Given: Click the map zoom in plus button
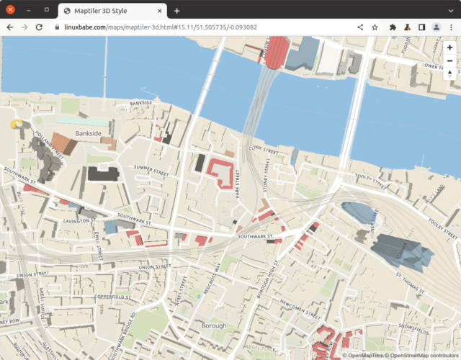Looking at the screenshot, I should (449, 47).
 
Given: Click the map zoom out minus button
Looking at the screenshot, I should (449, 60).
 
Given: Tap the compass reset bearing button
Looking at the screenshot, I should (449, 74).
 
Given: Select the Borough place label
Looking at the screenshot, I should (213, 325).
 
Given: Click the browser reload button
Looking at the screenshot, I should (39, 27).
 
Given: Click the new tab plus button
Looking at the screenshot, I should (176, 10).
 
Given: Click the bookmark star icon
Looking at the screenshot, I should (375, 27).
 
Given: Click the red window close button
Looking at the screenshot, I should (10, 10).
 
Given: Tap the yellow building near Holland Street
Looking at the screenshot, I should (16, 124).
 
